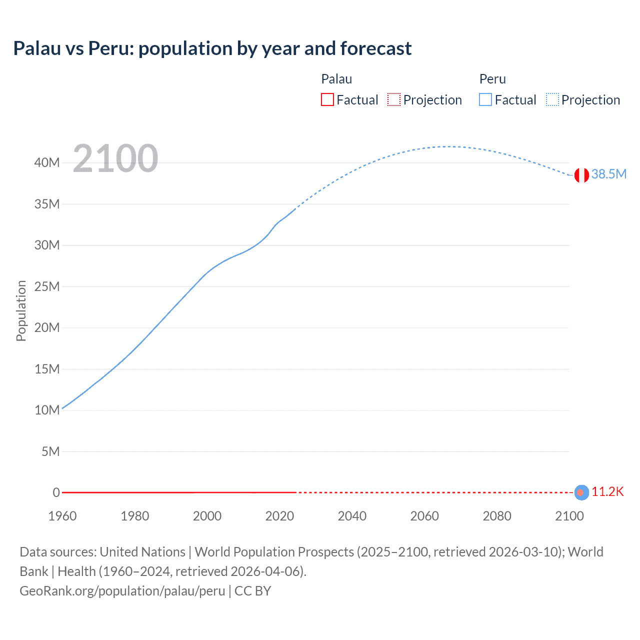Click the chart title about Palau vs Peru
coord(212,48)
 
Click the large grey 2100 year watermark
coord(115,158)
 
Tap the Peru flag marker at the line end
coord(581,175)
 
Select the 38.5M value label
coord(608,174)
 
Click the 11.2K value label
coord(607,491)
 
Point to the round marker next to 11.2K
coord(581,492)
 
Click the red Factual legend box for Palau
coord(327,99)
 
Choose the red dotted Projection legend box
coord(394,99)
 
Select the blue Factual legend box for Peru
coord(485,99)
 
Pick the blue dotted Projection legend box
coord(552,99)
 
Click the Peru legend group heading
coord(492,79)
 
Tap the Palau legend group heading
coord(336,79)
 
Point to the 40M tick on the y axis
coord(47,162)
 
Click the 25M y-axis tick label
coord(47,286)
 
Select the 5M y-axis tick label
coord(50,451)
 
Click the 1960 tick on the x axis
coord(62,516)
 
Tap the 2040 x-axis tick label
coord(352,516)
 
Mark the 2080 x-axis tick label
coord(497,516)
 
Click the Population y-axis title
coord(21,310)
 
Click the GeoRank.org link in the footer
coord(122,591)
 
